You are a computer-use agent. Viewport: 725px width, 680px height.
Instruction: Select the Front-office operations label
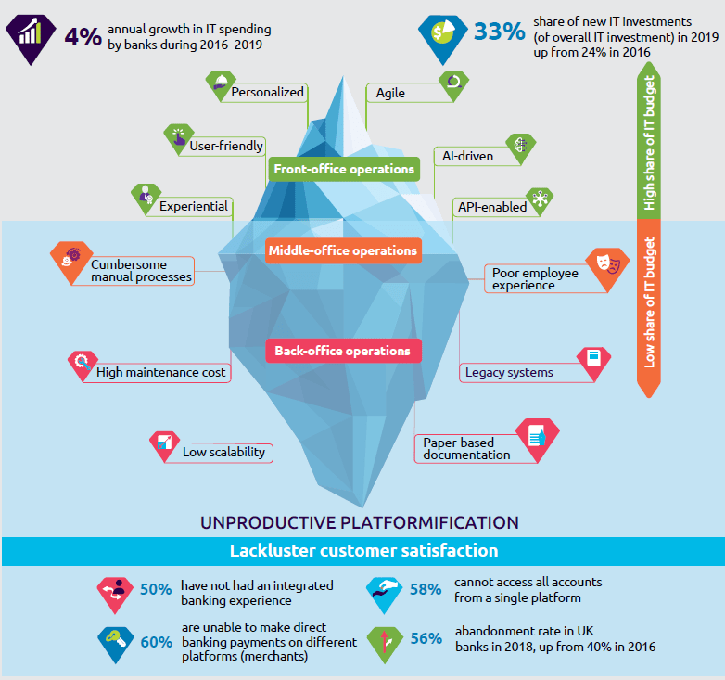coord(343,170)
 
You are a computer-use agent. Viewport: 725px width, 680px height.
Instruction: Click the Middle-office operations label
coord(342,250)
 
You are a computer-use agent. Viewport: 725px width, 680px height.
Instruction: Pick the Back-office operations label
coord(342,352)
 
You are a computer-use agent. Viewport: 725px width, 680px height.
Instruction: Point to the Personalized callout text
coord(267,92)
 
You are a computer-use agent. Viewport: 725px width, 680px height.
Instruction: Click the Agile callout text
coord(390,93)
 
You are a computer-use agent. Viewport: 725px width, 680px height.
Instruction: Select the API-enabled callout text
coord(491,207)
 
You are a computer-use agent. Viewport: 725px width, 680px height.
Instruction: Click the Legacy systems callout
coord(509,373)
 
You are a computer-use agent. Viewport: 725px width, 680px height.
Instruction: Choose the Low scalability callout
coord(223,452)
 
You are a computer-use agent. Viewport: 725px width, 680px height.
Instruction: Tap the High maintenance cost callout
coord(161,373)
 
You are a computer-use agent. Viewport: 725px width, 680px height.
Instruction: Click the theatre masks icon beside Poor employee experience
coord(607,263)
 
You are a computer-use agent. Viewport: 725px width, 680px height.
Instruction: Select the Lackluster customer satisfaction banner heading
coord(362,551)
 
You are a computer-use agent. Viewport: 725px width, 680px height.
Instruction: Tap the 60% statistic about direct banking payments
coord(156,640)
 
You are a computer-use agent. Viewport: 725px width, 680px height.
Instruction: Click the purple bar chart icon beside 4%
coord(31,33)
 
